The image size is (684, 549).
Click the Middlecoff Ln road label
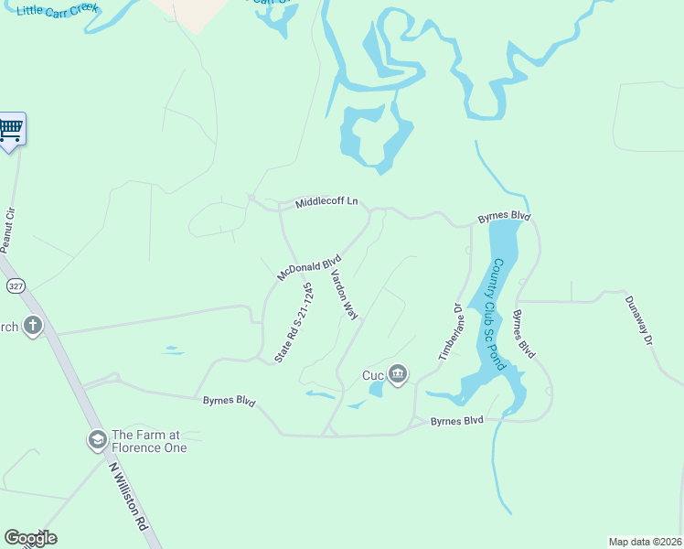pos(326,202)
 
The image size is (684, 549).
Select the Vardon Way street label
pos(344,293)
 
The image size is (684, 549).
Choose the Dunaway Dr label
pos(639,320)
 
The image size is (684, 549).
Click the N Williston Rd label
pos(128,497)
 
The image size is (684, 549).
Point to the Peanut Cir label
pos(9,230)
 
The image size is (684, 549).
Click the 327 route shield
pos(15,286)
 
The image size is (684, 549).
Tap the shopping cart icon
pos(11,129)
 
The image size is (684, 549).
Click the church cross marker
pos(33,326)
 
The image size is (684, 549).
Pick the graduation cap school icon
pos(96,441)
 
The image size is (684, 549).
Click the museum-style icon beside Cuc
pos(398,374)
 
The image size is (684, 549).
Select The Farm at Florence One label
pos(149,441)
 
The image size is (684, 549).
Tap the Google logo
pos(30,538)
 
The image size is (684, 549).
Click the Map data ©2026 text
pos(645,542)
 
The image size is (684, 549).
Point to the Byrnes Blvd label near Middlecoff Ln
pos(504,218)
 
